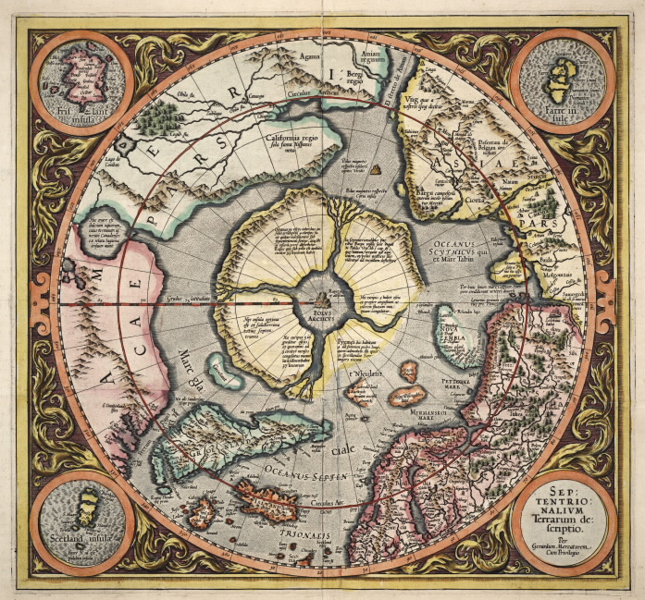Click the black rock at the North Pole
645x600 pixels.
tap(321, 299)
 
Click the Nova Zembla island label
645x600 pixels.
tap(458, 329)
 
